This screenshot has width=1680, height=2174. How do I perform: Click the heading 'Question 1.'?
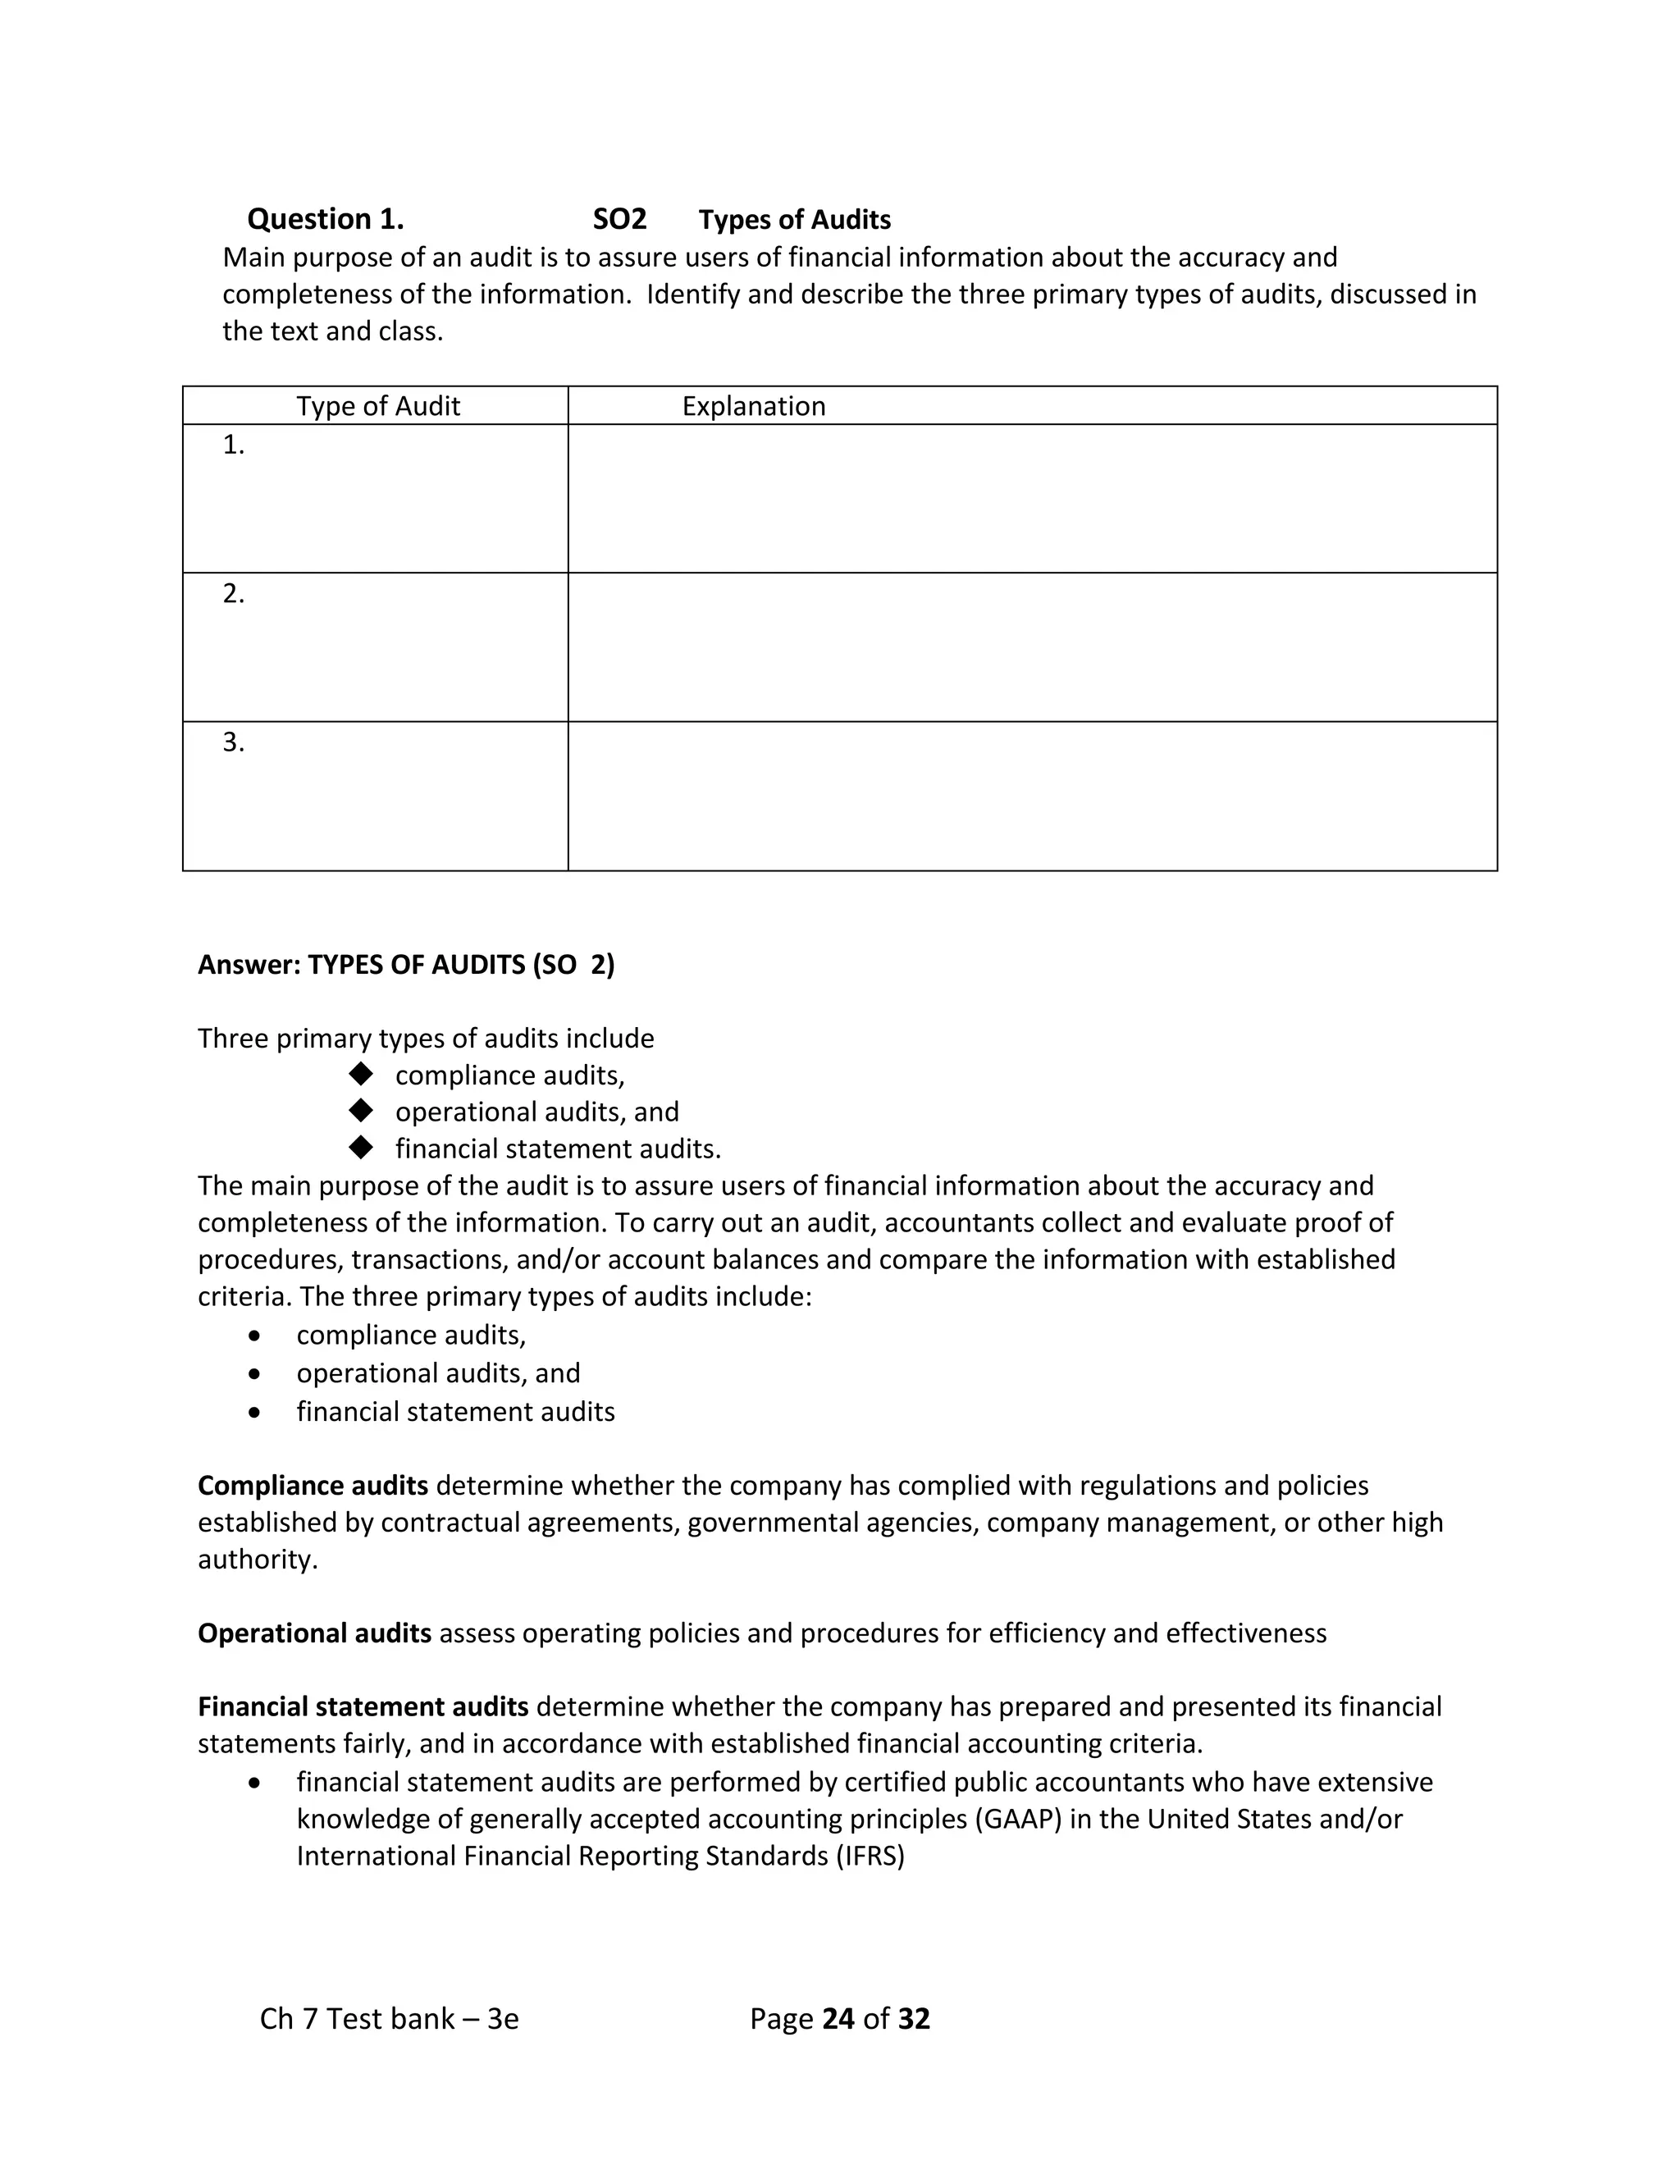tap(326, 219)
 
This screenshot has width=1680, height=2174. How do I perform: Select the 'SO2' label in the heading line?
tap(619, 219)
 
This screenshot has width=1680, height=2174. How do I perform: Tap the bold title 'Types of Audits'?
tap(794, 220)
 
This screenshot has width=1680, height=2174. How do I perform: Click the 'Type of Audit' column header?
tap(378, 406)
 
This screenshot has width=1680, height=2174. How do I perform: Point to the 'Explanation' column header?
tap(753, 406)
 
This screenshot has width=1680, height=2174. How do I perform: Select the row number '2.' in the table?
tap(234, 594)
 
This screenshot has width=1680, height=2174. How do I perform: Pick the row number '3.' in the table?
tap(234, 742)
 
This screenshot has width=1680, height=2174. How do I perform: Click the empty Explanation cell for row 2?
tap(1032, 647)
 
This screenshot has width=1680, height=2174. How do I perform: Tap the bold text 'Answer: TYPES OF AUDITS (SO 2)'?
tap(406, 965)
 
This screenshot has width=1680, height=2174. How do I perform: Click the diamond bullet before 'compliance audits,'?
tap(360, 1074)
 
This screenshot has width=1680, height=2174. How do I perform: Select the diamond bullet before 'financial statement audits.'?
tap(360, 1148)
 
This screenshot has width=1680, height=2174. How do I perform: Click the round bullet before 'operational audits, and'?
tap(256, 1373)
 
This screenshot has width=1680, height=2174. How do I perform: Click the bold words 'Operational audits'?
tap(314, 1633)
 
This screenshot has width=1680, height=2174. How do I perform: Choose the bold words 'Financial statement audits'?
tap(363, 1707)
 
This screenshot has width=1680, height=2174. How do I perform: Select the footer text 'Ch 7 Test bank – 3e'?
tap(389, 2019)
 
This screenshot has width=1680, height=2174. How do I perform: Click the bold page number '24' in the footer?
tap(839, 2019)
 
